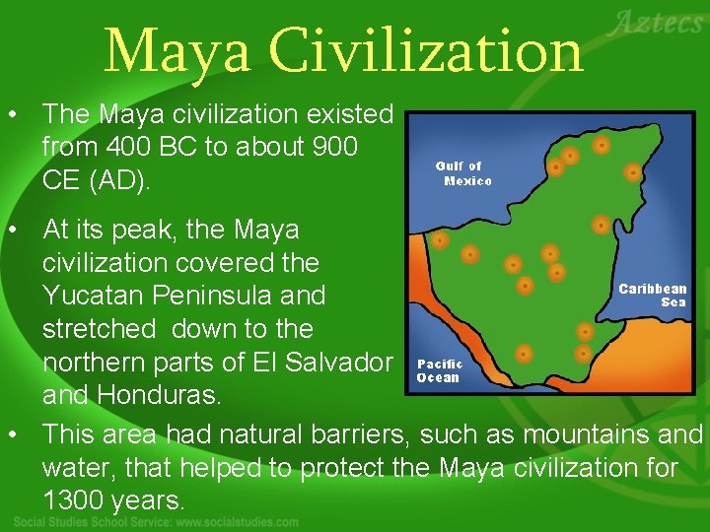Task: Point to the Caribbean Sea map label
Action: coord(653,296)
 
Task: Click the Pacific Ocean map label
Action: coord(439,370)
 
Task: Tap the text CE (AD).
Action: coord(96,181)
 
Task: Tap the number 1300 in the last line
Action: coord(74,500)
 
